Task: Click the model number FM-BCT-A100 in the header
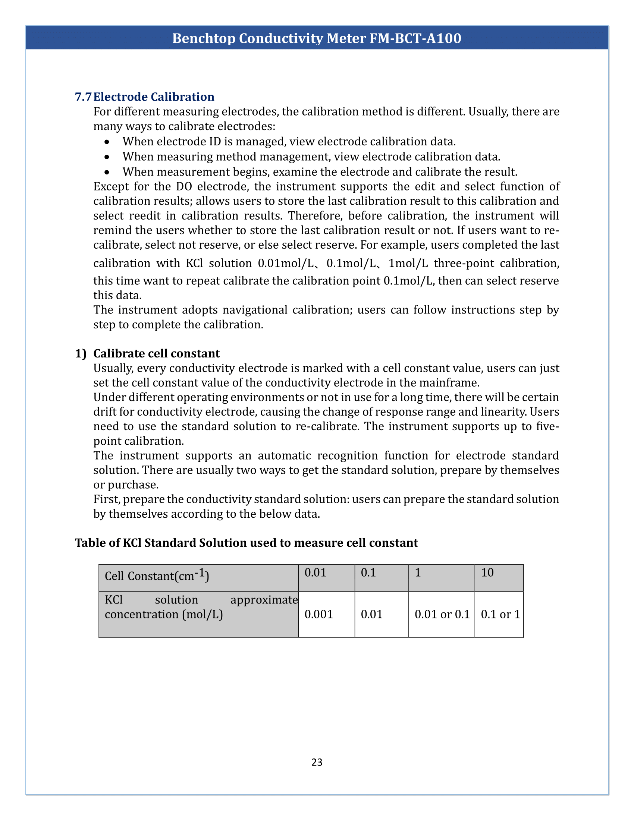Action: point(415,38)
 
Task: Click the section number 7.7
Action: point(83,97)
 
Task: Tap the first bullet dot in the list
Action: point(107,142)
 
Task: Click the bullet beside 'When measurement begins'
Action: point(107,172)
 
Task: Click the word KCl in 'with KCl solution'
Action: point(194,263)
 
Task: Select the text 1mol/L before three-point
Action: point(408,263)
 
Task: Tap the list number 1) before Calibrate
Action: point(81,354)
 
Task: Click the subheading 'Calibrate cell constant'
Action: point(156,354)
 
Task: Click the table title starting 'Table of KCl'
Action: point(246,543)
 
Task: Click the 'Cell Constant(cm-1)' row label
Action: point(157,576)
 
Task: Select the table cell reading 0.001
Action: point(318,614)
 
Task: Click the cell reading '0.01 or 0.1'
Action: point(442,614)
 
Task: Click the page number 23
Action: point(317,762)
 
